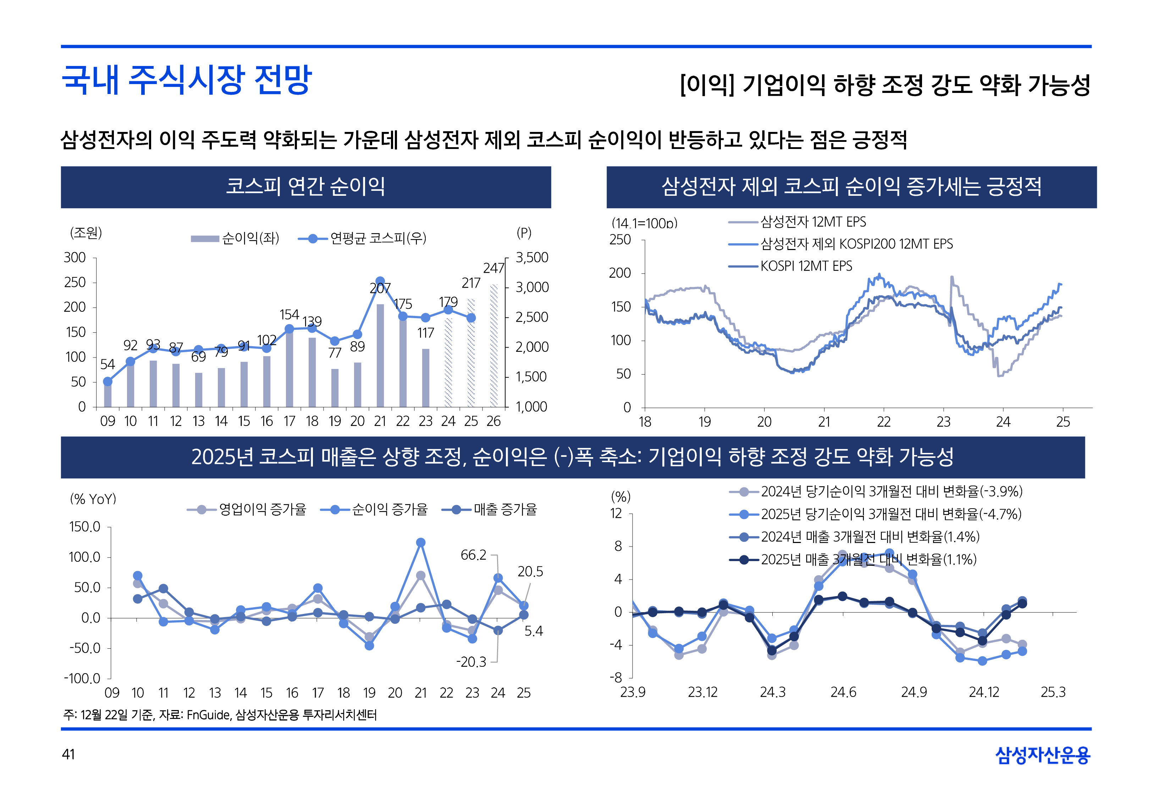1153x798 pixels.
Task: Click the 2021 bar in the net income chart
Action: [380, 355]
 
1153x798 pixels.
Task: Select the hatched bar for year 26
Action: [493, 345]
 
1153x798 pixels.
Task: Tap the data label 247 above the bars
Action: [493, 268]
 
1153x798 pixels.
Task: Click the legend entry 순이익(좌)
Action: [235, 238]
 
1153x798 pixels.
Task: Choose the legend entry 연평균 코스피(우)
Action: [363, 238]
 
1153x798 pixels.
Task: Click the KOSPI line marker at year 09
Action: [107, 382]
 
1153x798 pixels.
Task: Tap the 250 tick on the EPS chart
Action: [620, 240]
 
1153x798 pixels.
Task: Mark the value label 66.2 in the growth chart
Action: [473, 555]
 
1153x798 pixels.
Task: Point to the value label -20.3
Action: [471, 662]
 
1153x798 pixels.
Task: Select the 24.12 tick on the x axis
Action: [983, 693]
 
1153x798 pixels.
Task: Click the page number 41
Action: [68, 754]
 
